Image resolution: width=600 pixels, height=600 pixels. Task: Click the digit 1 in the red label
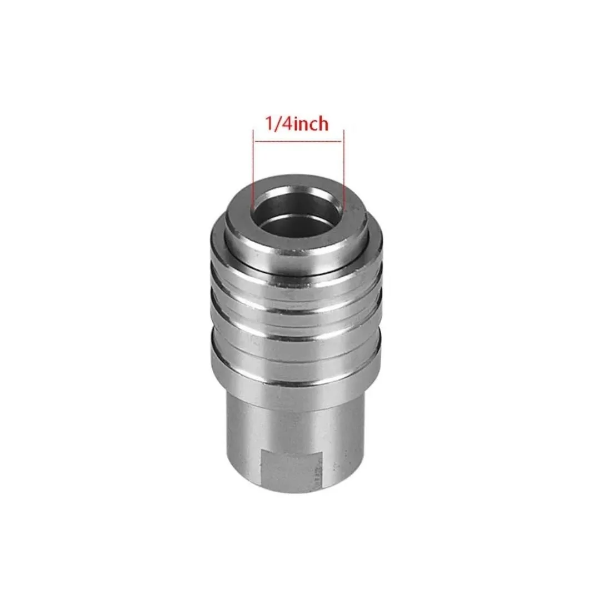click(x=269, y=124)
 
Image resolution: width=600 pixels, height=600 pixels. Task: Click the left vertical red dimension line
click(x=253, y=168)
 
